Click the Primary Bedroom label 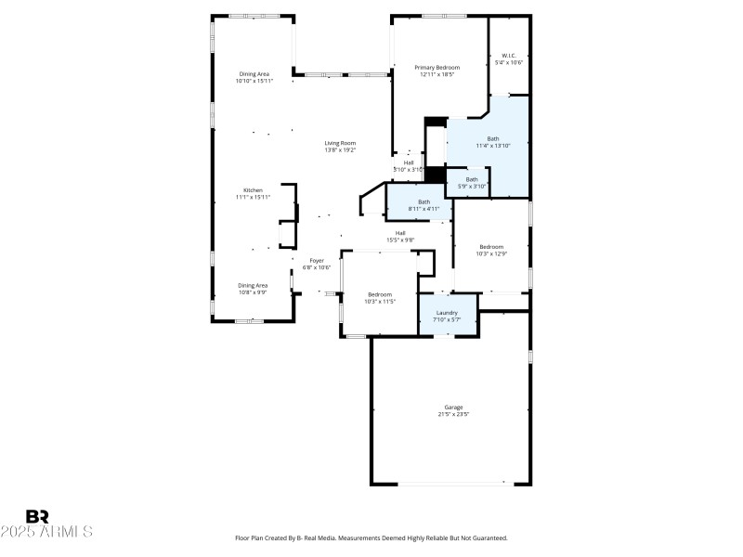tap(437, 67)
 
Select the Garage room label tap(453, 408)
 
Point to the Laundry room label tap(447, 313)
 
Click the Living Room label tap(340, 143)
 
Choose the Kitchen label tap(253, 189)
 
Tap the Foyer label tap(317, 261)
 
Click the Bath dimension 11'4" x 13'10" tap(493, 146)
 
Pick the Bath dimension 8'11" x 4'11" tap(424, 209)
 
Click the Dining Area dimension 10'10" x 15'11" tap(254, 81)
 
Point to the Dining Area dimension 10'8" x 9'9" tap(253, 291)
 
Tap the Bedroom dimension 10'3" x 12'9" tap(491, 253)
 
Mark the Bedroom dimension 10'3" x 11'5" tap(380, 301)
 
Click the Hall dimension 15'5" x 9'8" tap(400, 240)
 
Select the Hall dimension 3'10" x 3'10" tap(409, 170)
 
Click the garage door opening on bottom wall tap(452, 483)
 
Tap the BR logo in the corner tap(37, 516)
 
